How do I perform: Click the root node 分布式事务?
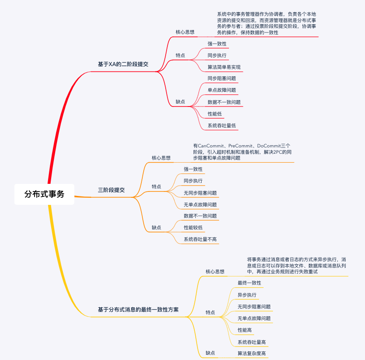point(44,194)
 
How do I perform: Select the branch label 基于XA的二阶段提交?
point(123,64)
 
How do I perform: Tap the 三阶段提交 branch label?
point(111,190)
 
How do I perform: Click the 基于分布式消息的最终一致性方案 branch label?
point(138,310)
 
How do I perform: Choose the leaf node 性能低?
point(215,114)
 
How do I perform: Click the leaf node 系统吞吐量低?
point(222,125)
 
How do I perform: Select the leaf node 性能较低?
point(193,227)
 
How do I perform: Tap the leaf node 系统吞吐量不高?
point(200,240)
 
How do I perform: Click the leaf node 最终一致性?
point(249,283)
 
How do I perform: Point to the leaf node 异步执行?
point(247,295)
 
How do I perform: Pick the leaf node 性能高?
point(245,330)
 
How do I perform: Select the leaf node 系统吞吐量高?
point(251,342)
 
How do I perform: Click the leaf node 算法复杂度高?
point(251,354)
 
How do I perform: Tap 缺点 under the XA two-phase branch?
point(180,102)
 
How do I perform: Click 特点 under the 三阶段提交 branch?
point(156,186)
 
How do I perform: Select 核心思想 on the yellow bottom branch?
point(215,271)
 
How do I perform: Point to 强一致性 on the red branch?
point(217,44)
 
